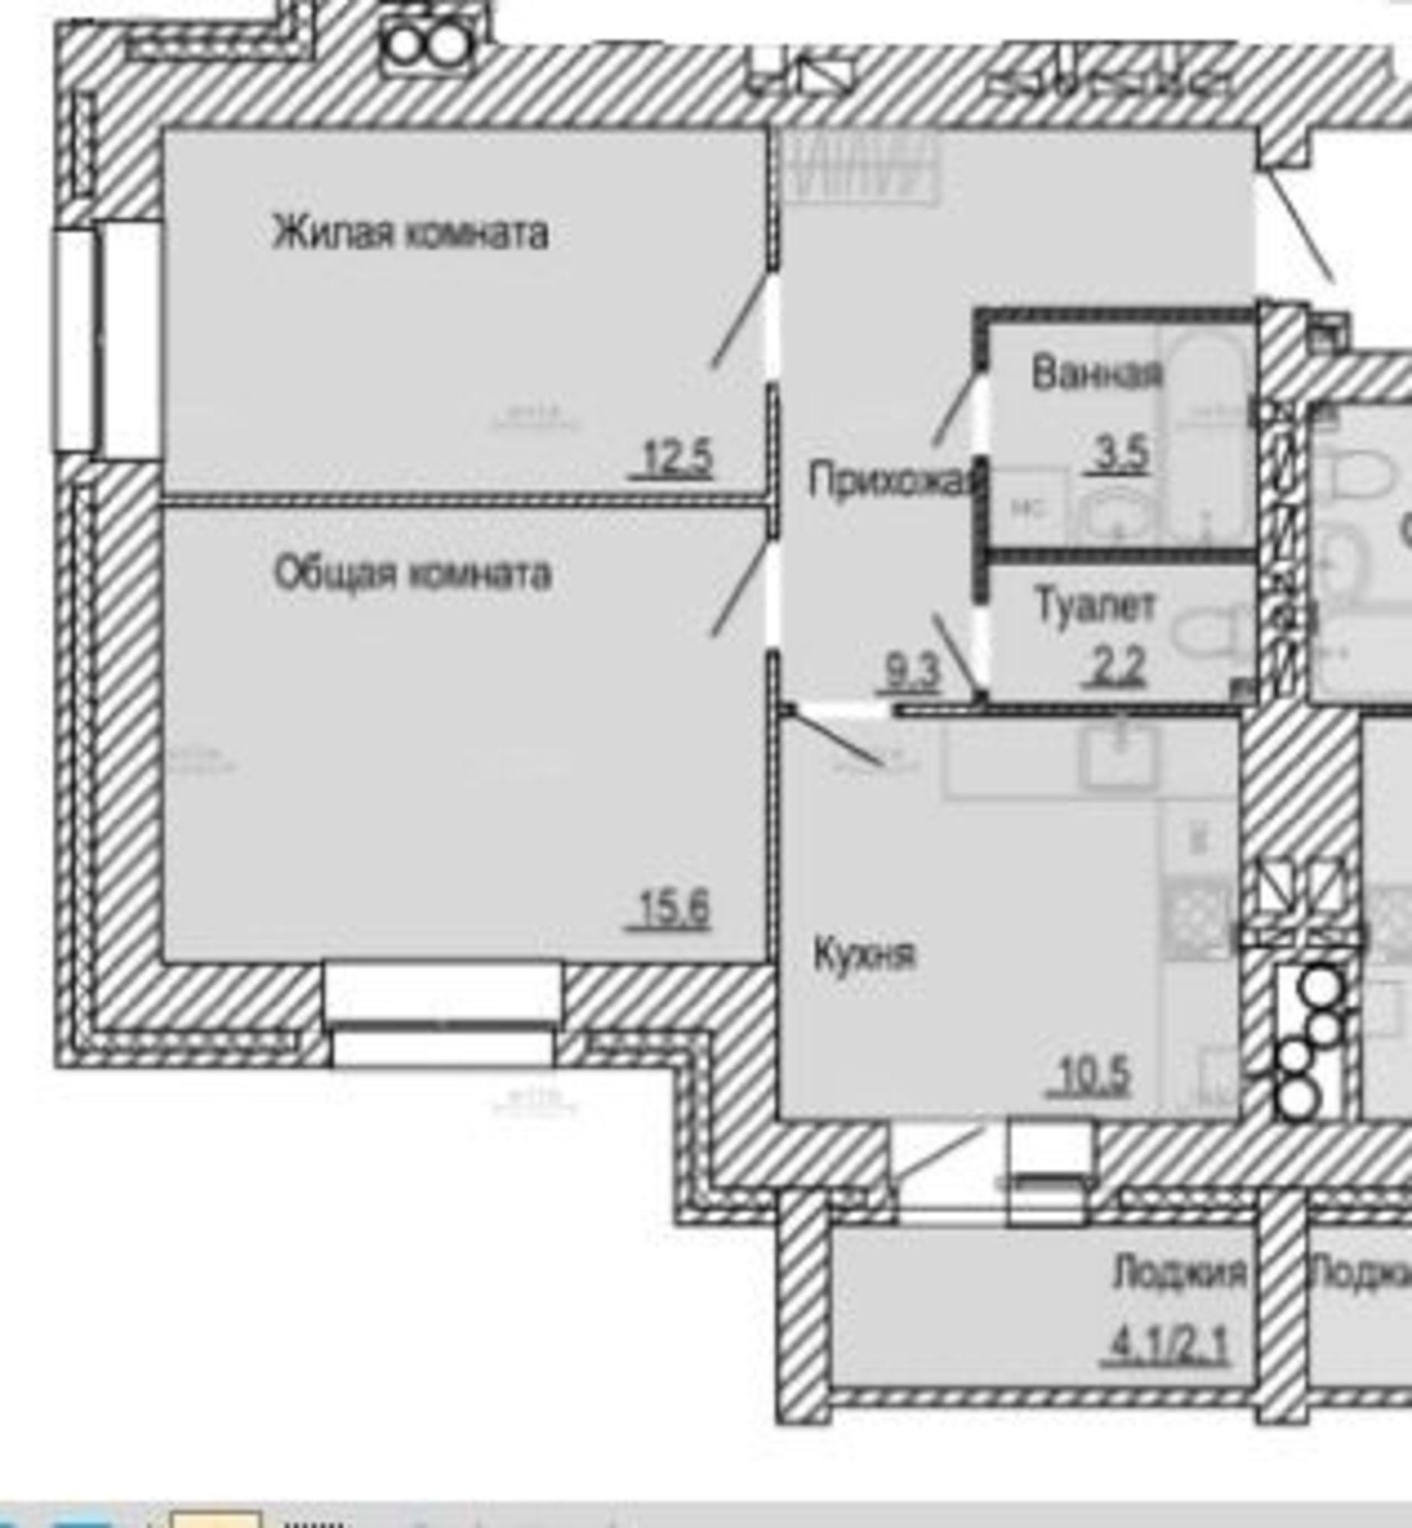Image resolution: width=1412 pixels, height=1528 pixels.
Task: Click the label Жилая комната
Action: tap(410, 233)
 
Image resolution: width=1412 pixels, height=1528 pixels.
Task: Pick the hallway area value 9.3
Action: tap(911, 673)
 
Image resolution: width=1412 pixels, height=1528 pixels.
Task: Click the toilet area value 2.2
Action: tap(1116, 667)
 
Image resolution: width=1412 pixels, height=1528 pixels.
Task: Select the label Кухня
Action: tap(864, 955)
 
